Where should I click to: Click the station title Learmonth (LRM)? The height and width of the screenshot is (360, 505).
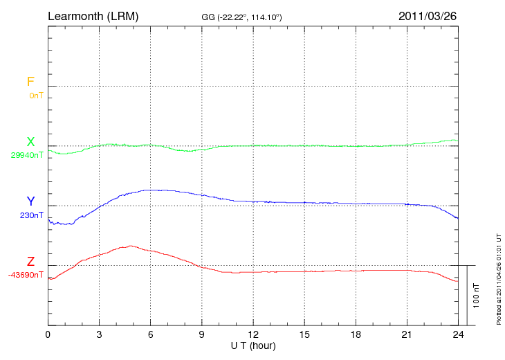(93, 15)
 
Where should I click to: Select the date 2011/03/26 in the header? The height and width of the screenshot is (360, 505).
(428, 15)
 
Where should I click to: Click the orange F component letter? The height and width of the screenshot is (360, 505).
(30, 82)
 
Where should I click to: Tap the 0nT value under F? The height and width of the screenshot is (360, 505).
(36, 95)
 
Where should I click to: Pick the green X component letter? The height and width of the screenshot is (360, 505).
(30, 142)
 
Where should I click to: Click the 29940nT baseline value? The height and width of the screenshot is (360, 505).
(27, 155)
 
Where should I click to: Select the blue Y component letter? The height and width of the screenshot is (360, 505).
(30, 201)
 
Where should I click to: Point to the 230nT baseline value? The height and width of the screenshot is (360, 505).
(32, 215)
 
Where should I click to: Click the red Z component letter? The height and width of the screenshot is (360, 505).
(30, 262)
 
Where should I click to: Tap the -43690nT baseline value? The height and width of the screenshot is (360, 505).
(26, 275)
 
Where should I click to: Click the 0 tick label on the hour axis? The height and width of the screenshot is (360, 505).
(48, 335)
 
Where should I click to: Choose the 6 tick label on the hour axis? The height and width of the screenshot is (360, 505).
(151, 335)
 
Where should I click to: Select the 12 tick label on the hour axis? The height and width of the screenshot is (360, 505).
(253, 335)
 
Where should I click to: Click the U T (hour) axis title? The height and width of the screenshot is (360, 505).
(253, 345)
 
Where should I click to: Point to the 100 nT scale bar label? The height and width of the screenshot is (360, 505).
(477, 296)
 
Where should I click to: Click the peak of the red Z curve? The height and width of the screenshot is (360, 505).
(129, 246)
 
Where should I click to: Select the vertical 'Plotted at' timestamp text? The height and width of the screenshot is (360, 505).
(498, 277)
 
